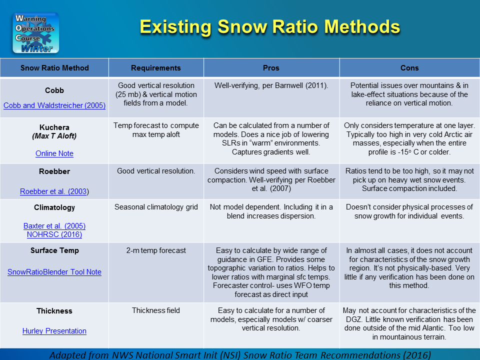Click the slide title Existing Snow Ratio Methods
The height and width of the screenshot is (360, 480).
(269, 26)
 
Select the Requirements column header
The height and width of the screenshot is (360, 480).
(155, 68)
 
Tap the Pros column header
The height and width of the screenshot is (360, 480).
(271, 68)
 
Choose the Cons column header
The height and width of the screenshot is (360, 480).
(409, 68)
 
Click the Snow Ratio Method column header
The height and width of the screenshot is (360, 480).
(54, 68)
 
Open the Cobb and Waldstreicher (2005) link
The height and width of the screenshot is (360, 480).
(54, 105)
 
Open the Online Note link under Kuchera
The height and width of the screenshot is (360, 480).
(54, 153)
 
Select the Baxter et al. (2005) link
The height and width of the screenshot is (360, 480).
(54, 225)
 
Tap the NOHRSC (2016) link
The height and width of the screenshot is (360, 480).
(54, 234)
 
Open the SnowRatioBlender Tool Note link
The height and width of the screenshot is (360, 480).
(54, 272)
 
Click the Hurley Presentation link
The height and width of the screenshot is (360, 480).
(54, 331)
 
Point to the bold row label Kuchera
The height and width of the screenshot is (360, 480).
(54, 127)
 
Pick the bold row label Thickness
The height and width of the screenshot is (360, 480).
(54, 311)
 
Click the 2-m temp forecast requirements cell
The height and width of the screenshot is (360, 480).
(155, 250)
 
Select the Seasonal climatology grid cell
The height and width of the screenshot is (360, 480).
(155, 207)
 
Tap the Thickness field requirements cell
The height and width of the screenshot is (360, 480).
(155, 310)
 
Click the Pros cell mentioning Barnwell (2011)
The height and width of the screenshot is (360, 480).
(271, 85)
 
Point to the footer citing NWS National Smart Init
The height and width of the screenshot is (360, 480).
(240, 354)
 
